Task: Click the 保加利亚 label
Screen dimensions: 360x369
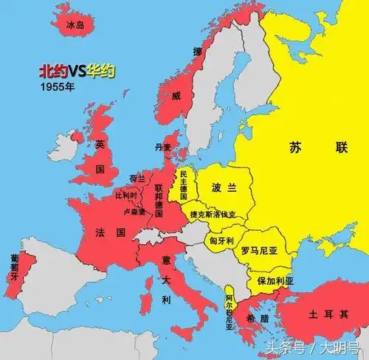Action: point(275,281)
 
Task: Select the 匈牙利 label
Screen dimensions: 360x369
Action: point(221,240)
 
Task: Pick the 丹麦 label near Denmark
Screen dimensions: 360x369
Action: point(162,147)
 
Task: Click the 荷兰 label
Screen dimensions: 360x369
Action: point(137,179)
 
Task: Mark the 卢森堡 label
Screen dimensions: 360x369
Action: point(134,211)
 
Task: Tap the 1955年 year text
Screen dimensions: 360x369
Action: point(57,86)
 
